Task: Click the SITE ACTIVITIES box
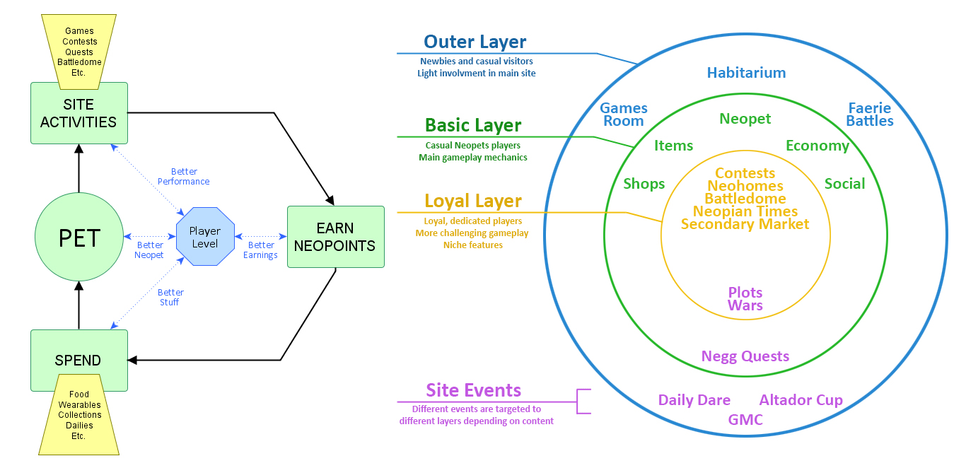(x=79, y=113)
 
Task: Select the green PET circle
(x=79, y=237)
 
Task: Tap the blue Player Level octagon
(x=205, y=237)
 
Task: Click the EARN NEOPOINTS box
(x=335, y=237)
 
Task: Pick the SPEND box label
(x=78, y=361)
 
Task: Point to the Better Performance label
(x=184, y=176)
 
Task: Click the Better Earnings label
(x=260, y=250)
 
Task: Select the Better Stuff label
(x=170, y=298)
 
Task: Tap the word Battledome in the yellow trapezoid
(x=79, y=62)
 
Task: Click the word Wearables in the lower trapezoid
(x=79, y=404)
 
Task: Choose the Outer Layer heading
(x=475, y=42)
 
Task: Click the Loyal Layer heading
(x=473, y=201)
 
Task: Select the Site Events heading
(x=474, y=390)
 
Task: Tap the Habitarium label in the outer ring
(x=747, y=72)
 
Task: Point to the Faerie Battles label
(x=870, y=115)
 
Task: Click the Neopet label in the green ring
(x=745, y=119)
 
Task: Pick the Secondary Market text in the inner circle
(x=745, y=224)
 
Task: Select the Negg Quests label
(x=745, y=356)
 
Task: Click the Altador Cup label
(x=801, y=400)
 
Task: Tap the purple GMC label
(x=745, y=419)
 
